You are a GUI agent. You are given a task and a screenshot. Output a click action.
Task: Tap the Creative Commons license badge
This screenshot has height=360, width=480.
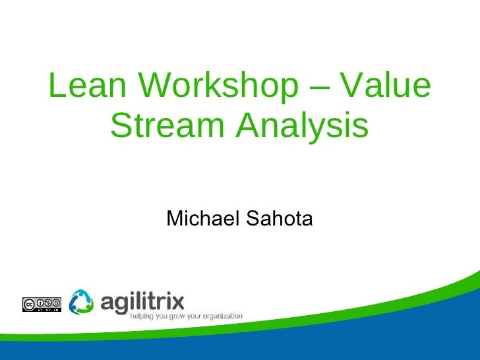coord(42,304)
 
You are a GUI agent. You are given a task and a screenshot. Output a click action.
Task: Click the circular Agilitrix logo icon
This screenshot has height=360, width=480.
coord(82,301)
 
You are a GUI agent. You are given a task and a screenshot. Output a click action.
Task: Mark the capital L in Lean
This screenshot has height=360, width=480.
coord(58,86)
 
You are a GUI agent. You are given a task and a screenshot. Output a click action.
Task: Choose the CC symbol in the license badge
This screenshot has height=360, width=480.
coord(29,304)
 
